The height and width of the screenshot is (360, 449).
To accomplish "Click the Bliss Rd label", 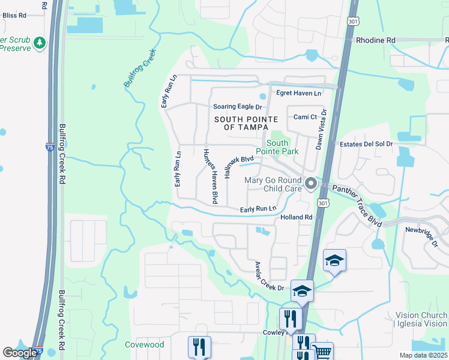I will click(x=13, y=14).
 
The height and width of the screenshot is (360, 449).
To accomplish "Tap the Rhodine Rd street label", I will click(x=376, y=40).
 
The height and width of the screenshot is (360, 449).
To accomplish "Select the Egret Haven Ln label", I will click(x=298, y=93).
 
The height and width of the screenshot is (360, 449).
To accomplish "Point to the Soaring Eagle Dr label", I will click(x=238, y=107).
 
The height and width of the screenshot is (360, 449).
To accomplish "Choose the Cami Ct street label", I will click(x=305, y=117).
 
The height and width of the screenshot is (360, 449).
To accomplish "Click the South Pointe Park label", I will click(x=282, y=147).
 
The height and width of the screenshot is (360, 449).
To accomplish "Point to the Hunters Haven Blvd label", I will click(x=209, y=175).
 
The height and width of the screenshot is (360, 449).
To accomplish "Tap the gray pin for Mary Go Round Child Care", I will click(x=310, y=183).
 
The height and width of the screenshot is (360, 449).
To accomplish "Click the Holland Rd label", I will click(x=297, y=217).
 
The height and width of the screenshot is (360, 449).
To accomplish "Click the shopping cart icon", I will click(x=322, y=352).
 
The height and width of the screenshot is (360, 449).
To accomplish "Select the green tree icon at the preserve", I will click(x=40, y=43).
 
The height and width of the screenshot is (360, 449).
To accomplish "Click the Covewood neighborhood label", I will click(x=144, y=344).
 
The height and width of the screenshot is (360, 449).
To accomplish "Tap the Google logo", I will click(x=20, y=352).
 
